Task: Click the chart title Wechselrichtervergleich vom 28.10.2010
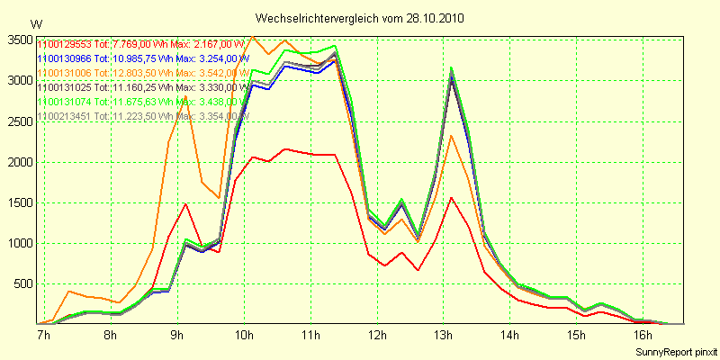(360, 18)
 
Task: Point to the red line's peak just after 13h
(452, 197)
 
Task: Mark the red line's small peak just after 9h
(185, 203)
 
